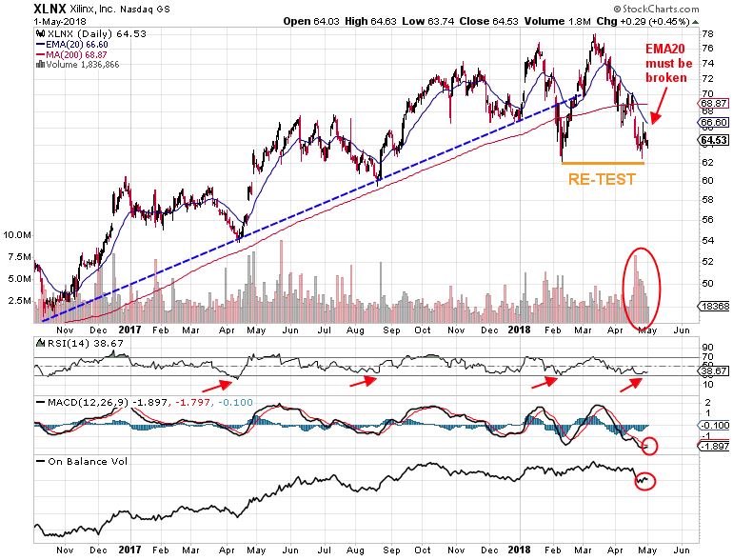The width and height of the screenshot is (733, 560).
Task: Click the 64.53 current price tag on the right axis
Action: pos(713,141)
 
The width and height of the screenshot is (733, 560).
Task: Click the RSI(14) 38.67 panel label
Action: pos(69,340)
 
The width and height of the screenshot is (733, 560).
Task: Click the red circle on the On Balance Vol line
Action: pos(646,480)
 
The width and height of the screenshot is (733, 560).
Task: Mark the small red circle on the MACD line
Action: pos(651,446)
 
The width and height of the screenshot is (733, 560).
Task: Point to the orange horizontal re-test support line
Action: pos(603,163)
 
